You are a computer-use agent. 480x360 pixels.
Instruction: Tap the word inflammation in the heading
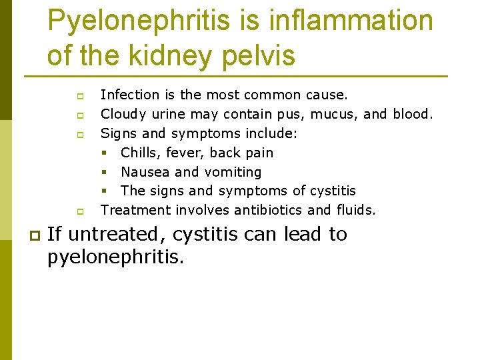(351, 21)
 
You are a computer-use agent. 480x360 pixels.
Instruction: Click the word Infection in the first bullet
(130, 95)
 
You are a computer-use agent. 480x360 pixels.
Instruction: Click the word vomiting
(233, 172)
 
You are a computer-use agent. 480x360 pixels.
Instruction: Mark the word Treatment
(135, 210)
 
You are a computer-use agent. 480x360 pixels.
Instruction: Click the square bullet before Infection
(79, 96)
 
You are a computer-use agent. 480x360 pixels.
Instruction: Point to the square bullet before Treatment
(79, 211)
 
